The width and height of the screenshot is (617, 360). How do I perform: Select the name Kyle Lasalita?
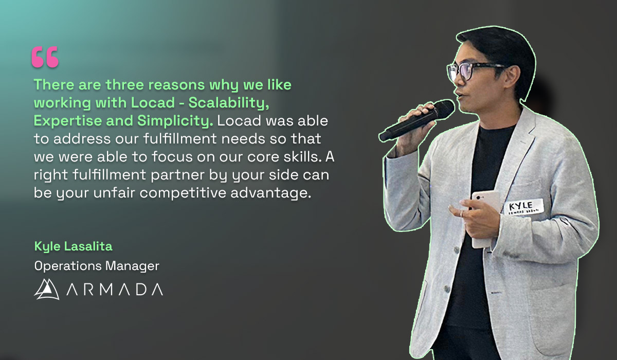(73, 247)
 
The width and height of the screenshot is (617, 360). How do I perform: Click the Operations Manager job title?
(97, 266)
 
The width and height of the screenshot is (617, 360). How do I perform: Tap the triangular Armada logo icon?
(47, 289)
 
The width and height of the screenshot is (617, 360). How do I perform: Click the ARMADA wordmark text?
(114, 290)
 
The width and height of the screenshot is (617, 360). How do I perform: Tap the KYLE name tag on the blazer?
(522, 206)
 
